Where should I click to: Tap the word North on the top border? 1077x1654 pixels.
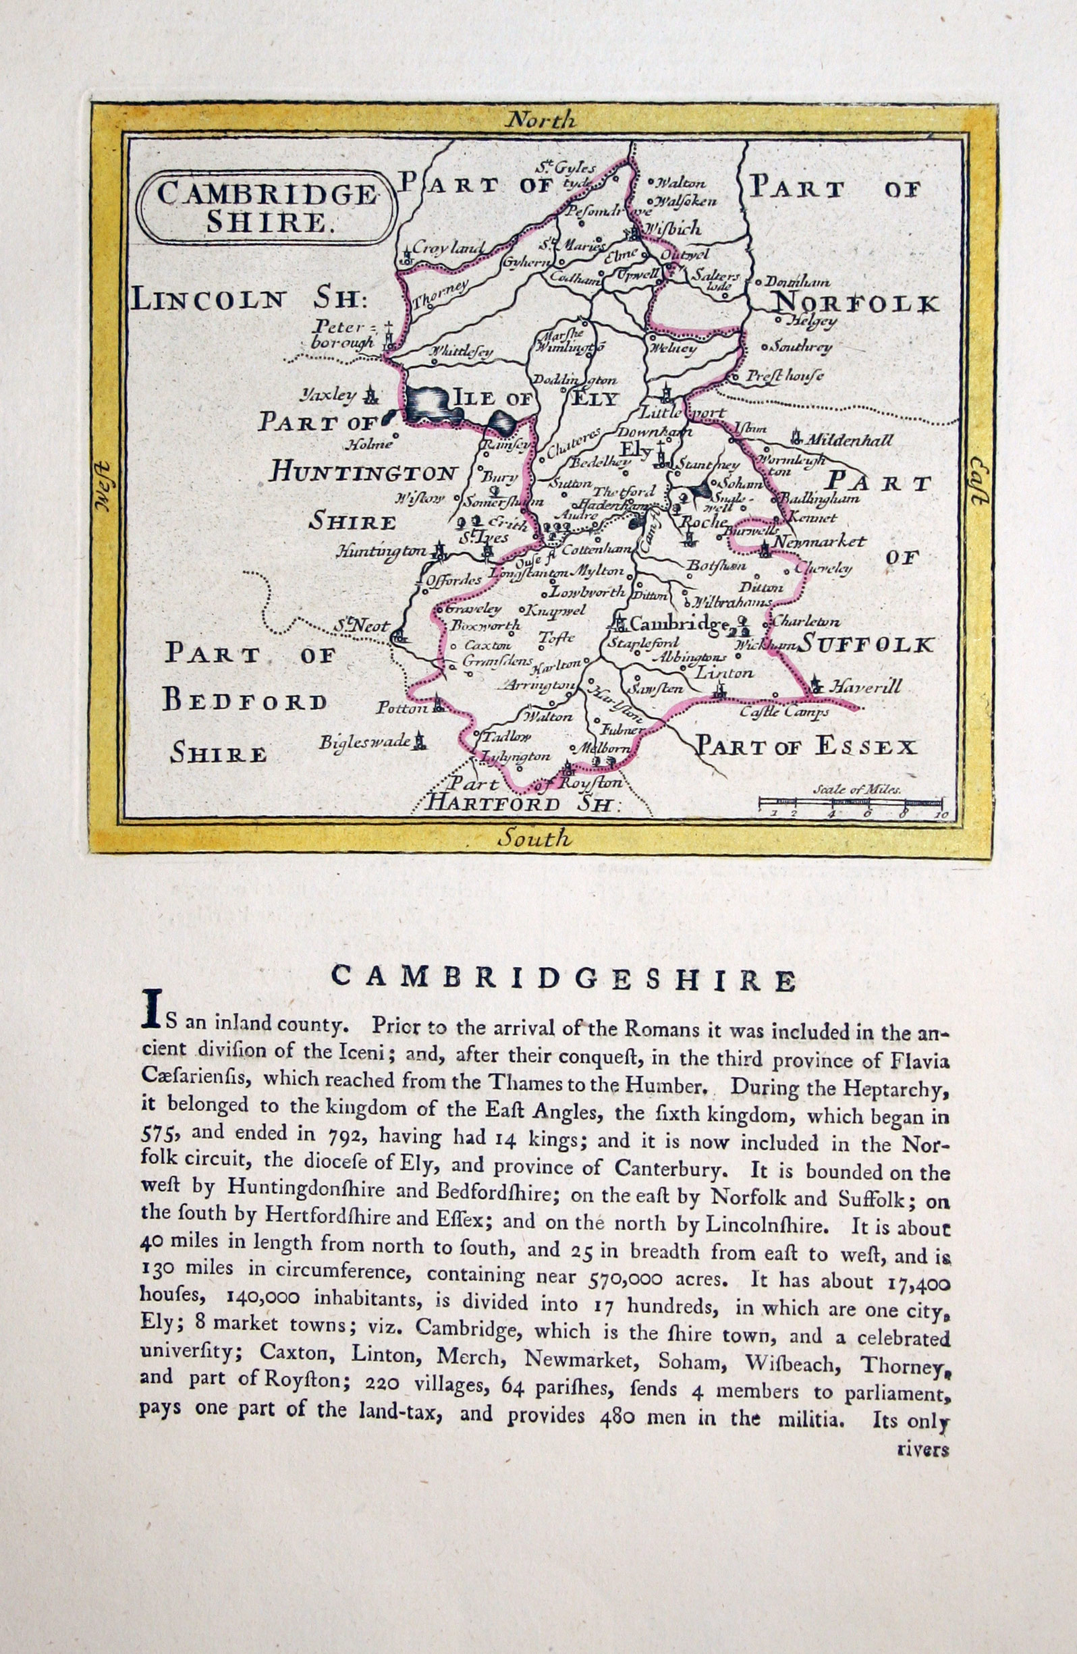click(541, 121)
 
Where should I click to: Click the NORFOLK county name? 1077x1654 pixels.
click(856, 304)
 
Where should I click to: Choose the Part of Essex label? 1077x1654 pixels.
click(806, 747)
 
